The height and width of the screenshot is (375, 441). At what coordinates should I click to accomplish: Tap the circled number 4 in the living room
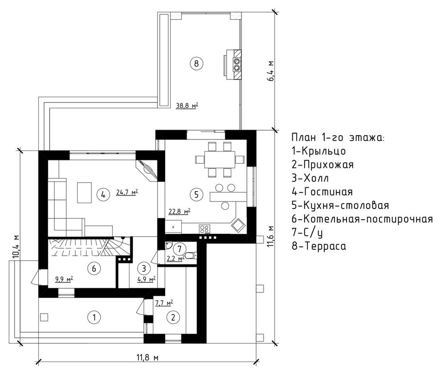click(x=103, y=194)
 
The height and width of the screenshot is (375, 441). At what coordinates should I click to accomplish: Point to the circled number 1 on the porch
click(x=94, y=318)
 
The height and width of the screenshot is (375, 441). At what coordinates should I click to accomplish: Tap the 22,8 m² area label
click(x=180, y=211)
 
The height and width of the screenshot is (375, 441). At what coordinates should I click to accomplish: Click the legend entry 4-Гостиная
click(x=322, y=192)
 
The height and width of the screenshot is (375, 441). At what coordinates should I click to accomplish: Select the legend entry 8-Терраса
click(x=318, y=246)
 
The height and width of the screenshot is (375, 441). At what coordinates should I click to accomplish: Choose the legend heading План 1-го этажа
click(x=337, y=137)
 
